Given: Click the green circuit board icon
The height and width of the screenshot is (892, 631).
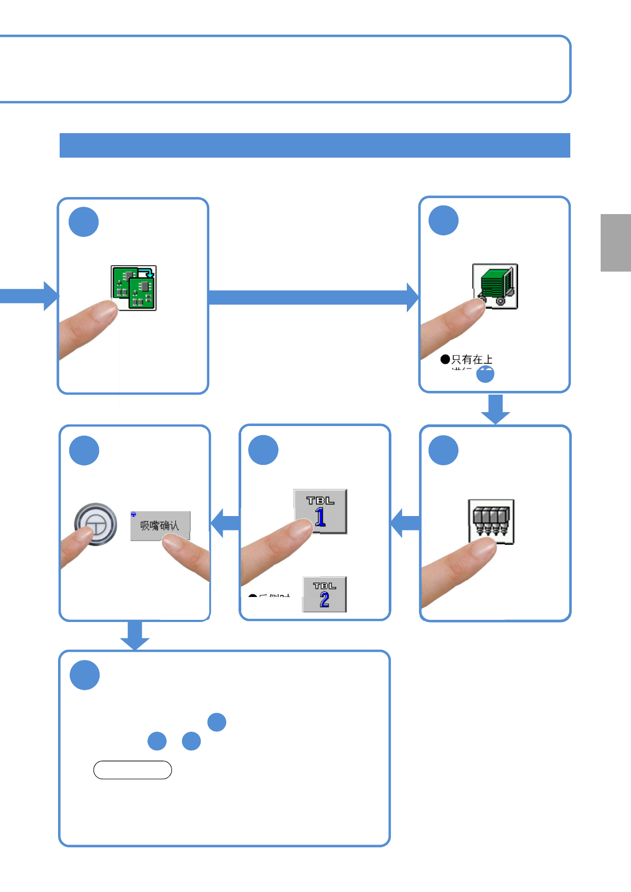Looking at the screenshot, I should (134, 288).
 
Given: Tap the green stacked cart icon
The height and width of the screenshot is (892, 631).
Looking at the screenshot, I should (496, 287).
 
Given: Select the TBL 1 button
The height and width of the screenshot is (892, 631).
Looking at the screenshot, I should (321, 511).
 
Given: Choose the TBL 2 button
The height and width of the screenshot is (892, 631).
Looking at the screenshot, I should (325, 594).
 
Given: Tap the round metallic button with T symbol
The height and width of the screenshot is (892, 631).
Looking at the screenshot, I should (96, 524).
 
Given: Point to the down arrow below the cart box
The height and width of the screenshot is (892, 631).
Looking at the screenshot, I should (496, 409).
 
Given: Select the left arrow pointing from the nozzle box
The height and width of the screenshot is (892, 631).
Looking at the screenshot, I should (406, 523).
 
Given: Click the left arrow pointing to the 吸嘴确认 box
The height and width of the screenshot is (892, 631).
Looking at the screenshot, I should (225, 523).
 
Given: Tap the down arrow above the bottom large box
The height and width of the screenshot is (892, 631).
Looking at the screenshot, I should (135, 635).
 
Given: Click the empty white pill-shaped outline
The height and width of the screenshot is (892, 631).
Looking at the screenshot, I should (133, 770).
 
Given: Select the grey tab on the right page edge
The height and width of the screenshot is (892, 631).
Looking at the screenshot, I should (616, 243).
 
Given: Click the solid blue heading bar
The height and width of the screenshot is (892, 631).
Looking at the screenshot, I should (315, 145).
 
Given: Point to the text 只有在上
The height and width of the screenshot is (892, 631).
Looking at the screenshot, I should (472, 359).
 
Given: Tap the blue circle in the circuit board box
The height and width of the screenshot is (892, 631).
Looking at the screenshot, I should (84, 222).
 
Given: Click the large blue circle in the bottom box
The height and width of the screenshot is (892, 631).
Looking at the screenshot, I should (85, 675).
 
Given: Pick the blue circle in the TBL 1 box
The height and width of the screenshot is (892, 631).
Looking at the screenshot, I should (264, 450).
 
